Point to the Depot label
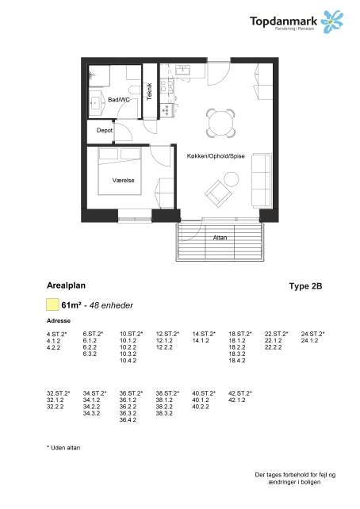[x=104, y=130]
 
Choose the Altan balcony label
[x=220, y=237]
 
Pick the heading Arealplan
[x=67, y=283]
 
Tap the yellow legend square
[x=52, y=304]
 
